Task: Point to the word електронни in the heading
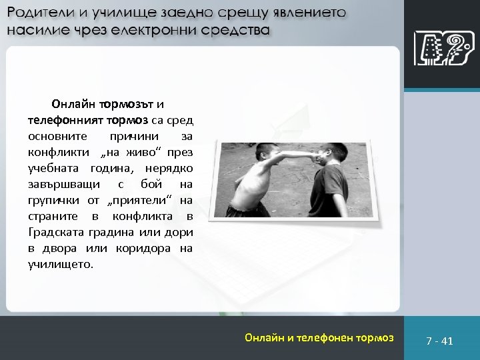165,31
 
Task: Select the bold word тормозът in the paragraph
127,104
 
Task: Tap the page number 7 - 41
439,341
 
